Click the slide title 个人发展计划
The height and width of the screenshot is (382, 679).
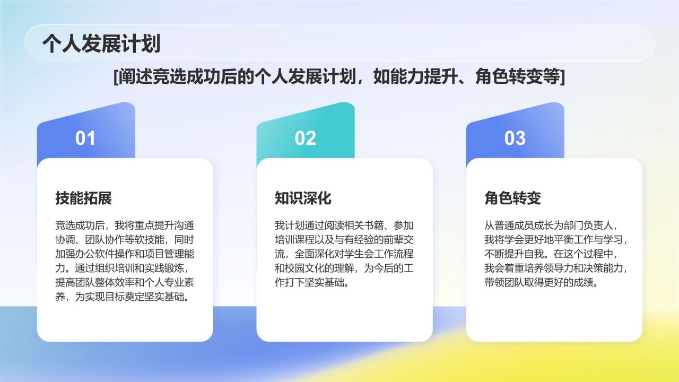[101, 44]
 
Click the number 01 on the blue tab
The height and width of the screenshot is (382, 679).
[85, 138]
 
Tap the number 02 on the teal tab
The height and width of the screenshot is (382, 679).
[305, 138]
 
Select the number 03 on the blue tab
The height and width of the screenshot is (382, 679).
[515, 138]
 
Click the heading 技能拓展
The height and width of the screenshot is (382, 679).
[83, 198]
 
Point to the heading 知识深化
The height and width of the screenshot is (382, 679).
[303, 198]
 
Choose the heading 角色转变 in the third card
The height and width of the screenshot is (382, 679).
[512, 198]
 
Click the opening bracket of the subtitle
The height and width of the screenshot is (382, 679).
[116, 77]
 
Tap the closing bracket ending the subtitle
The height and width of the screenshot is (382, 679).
[562, 77]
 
